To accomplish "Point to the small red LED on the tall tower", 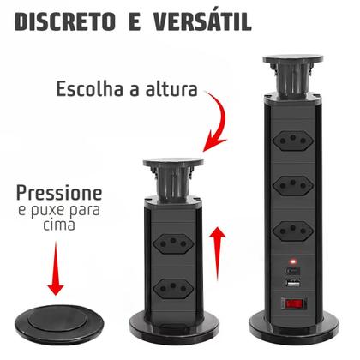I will (x=293, y=261).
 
